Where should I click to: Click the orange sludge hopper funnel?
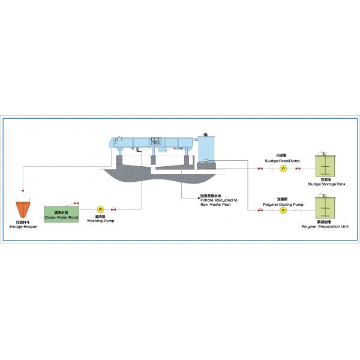pos(23,208)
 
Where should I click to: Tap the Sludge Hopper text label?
pos(23,226)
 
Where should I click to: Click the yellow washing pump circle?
pos(100,209)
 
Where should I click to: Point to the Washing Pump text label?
pos(100,220)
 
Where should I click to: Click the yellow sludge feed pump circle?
pos(283,169)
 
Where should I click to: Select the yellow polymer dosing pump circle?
pos(283,211)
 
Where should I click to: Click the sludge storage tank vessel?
pos(326,166)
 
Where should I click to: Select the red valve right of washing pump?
pos(113,209)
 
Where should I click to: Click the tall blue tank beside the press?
pos(207,150)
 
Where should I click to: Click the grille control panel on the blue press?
pos(156,141)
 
